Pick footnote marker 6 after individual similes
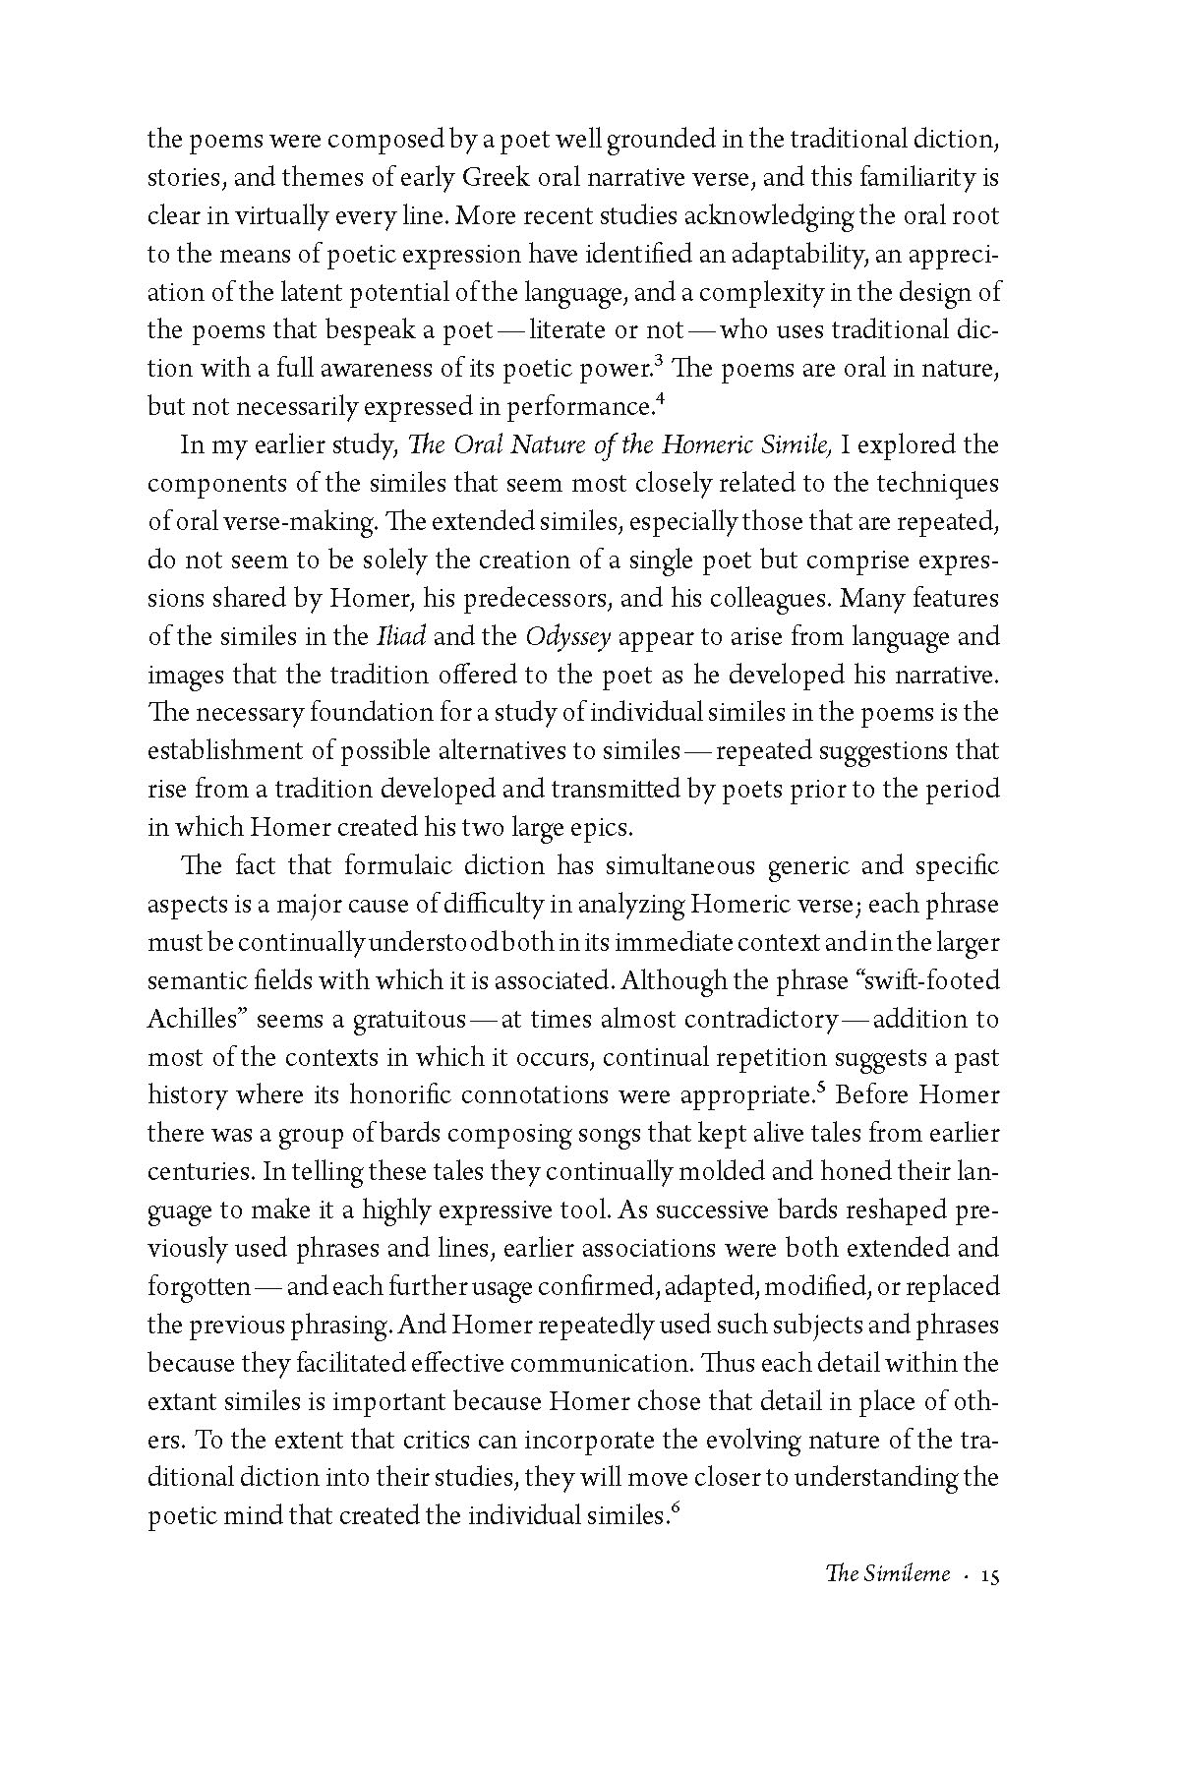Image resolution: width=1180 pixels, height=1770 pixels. pyautogui.click(x=673, y=1508)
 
